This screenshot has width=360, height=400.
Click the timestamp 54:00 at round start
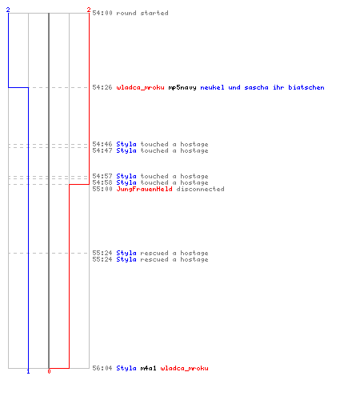[102, 13]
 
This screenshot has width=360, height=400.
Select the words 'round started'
[142, 13]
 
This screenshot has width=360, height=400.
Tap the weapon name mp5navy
[182, 88]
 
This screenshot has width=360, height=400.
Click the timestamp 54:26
[102, 87]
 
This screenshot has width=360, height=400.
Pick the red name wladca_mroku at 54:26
[140, 87]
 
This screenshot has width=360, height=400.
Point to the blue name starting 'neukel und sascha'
[262, 87]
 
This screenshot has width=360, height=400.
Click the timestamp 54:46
[102, 144]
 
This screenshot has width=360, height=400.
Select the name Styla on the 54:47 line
[126, 151]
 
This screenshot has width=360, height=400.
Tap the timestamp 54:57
[102, 176]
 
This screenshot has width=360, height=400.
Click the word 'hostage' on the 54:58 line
[194, 183]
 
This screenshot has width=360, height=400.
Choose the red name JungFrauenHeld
[144, 189]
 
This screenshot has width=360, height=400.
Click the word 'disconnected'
[200, 189]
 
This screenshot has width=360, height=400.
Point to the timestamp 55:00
[102, 189]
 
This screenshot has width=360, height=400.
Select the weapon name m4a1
[148, 368]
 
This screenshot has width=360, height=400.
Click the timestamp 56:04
[102, 368]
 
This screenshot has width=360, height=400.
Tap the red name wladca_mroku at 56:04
[184, 368]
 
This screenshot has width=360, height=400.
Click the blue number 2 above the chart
[8, 10]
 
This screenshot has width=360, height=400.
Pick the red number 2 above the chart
[89, 10]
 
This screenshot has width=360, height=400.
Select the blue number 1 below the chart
[28, 371]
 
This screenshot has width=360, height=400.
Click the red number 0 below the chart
[49, 371]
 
